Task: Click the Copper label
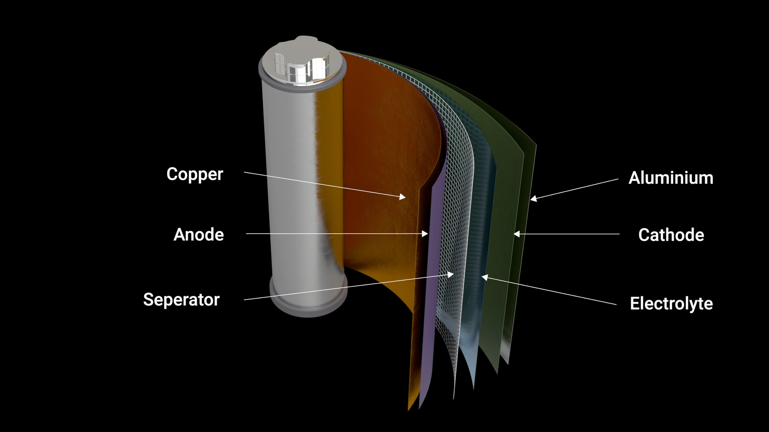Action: coord(195,174)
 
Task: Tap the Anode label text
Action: coord(199,234)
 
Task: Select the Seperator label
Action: coord(181,299)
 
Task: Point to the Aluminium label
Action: coord(671,178)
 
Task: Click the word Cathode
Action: coord(671,235)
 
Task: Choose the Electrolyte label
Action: coord(671,303)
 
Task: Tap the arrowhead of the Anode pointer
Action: coord(425,234)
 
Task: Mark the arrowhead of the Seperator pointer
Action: coord(451,274)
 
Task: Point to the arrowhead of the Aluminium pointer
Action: coord(533,198)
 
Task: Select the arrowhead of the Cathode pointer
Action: coord(516,234)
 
